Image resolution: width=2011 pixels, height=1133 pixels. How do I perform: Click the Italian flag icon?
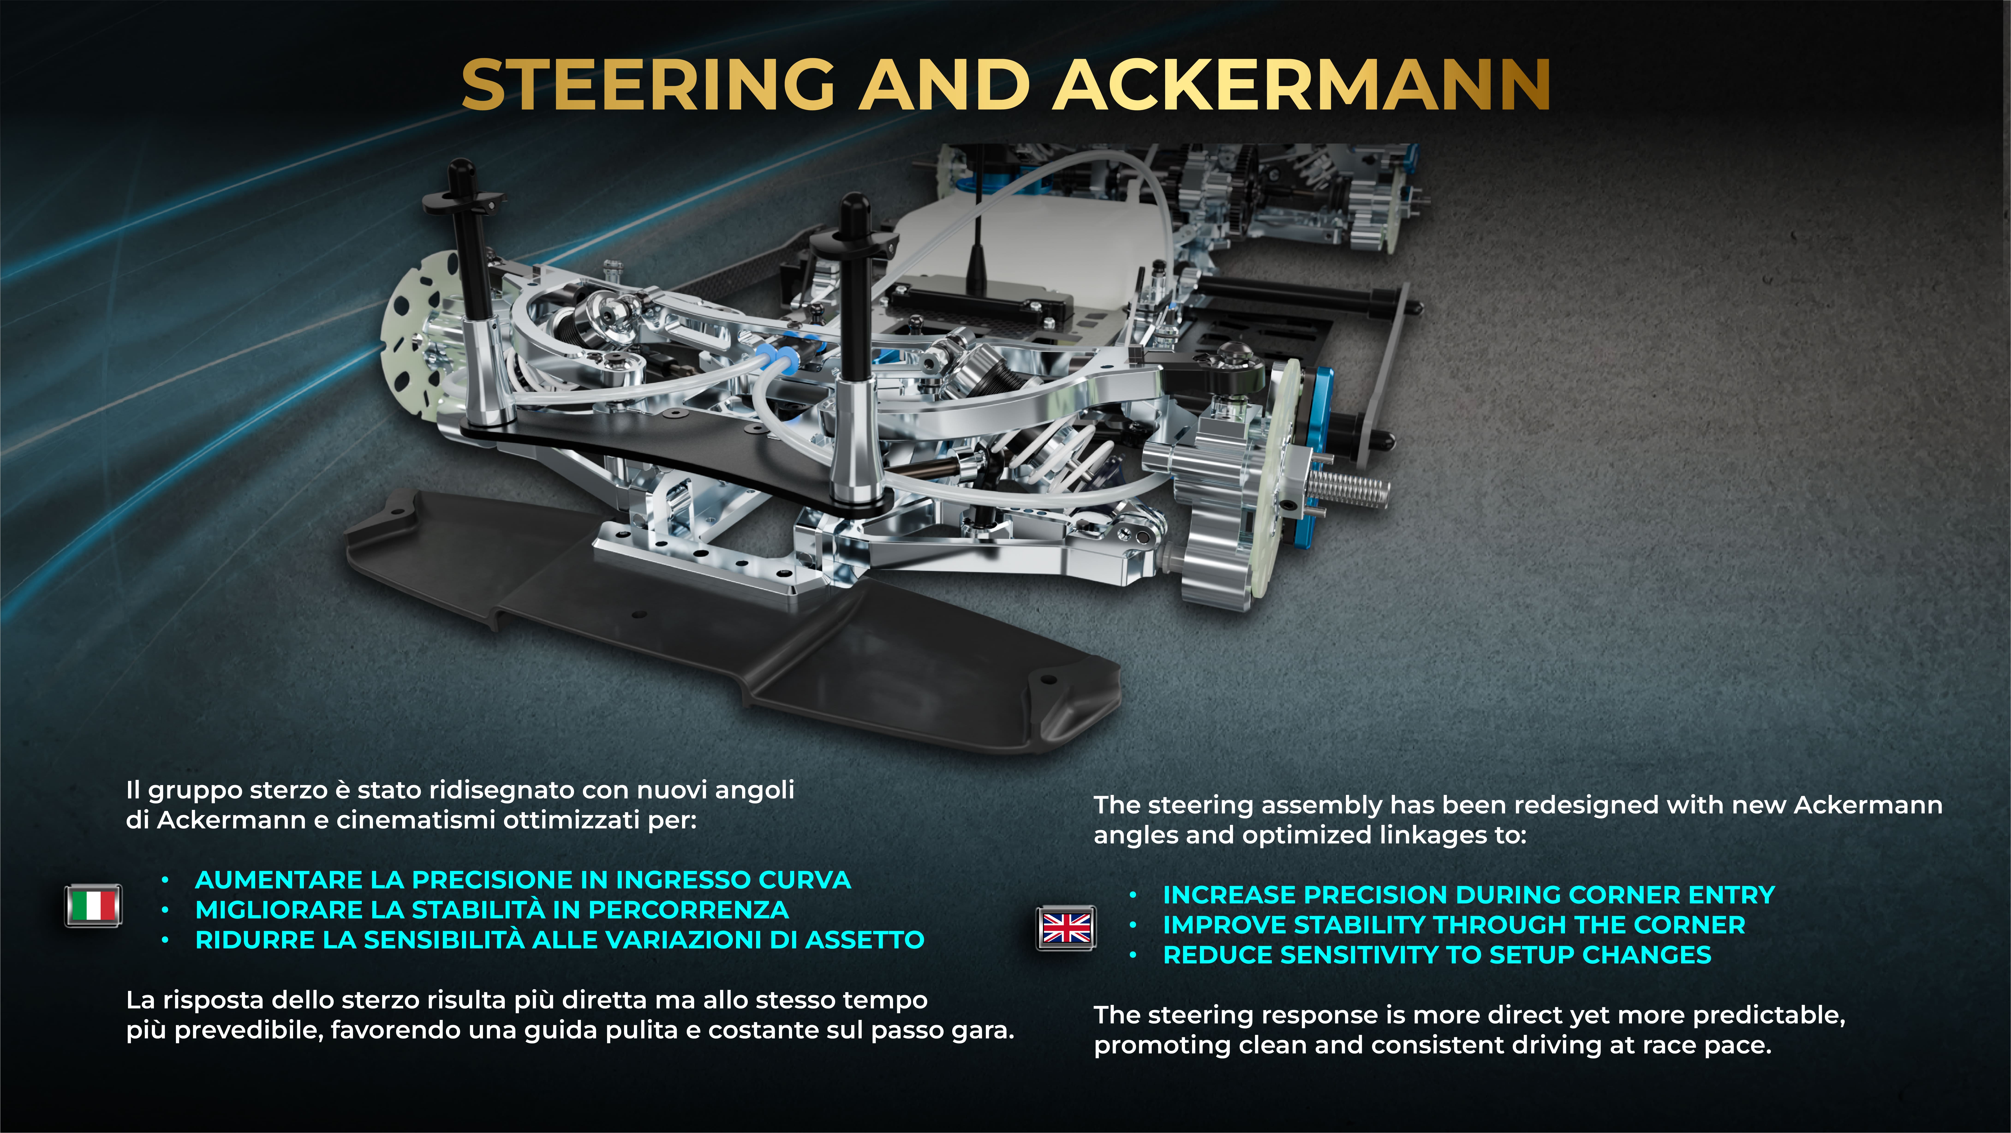click(x=93, y=906)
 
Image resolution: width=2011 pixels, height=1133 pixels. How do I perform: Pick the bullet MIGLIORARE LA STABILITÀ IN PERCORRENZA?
click(x=492, y=910)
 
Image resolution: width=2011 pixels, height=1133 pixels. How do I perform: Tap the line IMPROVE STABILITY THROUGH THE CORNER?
click(x=1454, y=925)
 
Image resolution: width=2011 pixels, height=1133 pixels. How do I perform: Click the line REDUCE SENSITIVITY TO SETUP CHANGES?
click(x=1436, y=955)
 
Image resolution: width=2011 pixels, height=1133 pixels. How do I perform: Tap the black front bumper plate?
click(x=703, y=625)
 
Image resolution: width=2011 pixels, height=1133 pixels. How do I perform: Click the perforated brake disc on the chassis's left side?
click(x=414, y=336)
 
